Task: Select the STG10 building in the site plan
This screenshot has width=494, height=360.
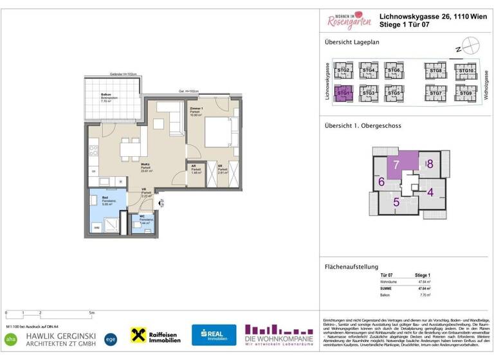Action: (x=465, y=71)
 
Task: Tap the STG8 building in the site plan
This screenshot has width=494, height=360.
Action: (x=435, y=71)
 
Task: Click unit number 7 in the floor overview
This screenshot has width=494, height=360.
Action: (x=397, y=165)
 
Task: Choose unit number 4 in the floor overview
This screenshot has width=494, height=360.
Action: (x=430, y=191)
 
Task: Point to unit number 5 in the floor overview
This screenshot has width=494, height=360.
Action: (x=397, y=202)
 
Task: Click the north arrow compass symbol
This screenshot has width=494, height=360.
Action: (x=471, y=46)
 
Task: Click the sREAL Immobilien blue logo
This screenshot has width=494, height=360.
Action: (x=214, y=335)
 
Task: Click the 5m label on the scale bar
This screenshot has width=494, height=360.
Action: (x=92, y=313)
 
